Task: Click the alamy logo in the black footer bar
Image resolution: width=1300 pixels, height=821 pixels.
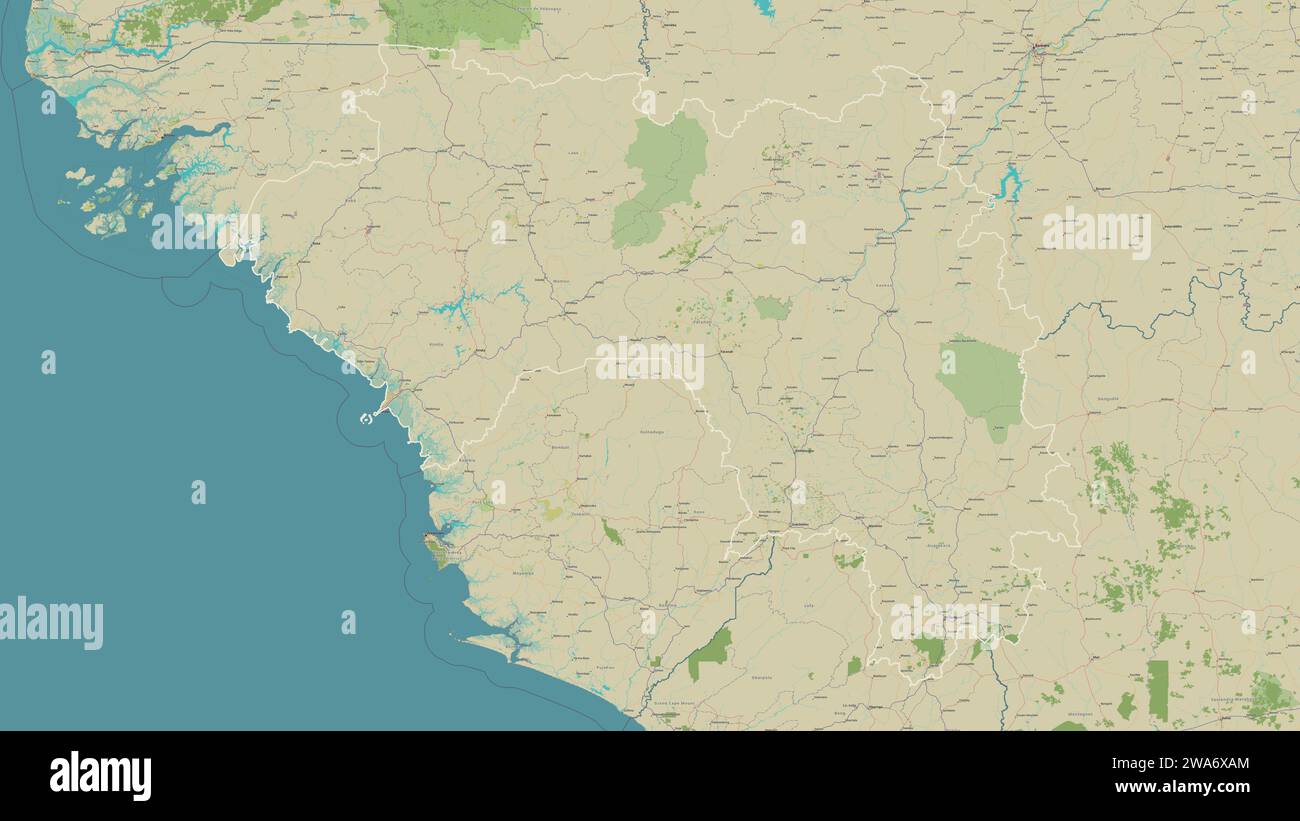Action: tap(100, 776)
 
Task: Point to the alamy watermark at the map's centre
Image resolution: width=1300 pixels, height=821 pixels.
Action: tap(650, 363)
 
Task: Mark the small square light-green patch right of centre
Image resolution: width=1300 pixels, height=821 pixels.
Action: tap(772, 308)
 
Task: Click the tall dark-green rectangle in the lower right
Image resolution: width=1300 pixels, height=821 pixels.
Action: tap(1157, 689)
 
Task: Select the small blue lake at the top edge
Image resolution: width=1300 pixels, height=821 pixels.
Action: tap(765, 8)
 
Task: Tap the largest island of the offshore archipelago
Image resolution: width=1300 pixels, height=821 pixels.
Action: tap(104, 223)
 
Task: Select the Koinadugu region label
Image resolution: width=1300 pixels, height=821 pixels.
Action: tap(652, 431)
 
